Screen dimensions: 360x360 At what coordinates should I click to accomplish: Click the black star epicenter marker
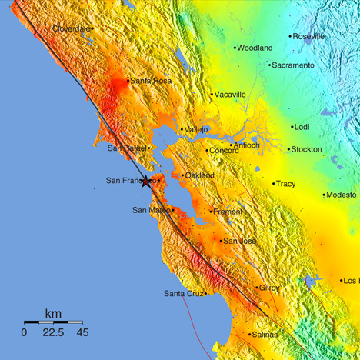[146, 182]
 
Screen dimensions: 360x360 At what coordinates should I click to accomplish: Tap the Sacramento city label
[295, 65]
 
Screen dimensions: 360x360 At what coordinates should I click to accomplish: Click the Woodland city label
[255, 48]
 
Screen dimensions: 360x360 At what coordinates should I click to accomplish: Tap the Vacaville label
[230, 95]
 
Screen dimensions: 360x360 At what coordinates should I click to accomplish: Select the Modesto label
[342, 195]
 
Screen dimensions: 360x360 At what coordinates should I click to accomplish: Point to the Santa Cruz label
[183, 294]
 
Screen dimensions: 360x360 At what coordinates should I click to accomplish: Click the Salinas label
[265, 335]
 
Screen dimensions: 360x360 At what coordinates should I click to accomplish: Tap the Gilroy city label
[269, 288]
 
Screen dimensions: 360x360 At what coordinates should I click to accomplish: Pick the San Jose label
[238, 241]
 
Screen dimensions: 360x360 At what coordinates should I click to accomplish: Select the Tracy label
[285, 184]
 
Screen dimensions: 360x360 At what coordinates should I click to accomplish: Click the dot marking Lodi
[292, 127]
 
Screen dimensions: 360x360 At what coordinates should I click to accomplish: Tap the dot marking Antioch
[230, 145]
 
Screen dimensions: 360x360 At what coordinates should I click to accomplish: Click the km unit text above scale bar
[53, 314]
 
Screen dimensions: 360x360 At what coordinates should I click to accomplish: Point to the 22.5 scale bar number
[53, 332]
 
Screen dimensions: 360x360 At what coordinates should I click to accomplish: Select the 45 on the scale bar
[82, 332]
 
